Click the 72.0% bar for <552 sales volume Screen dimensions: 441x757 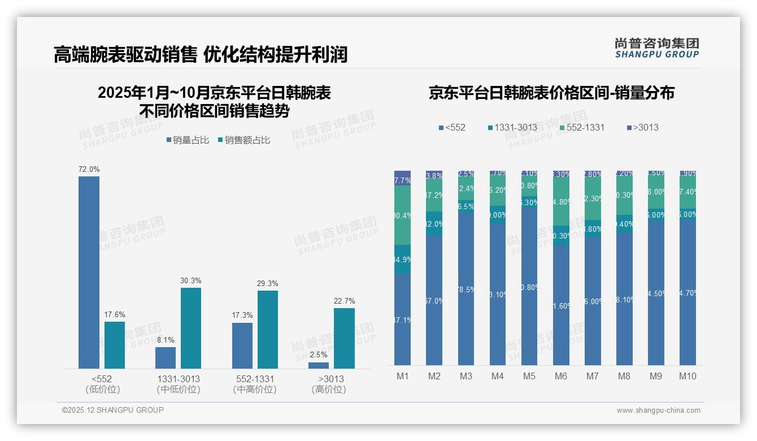(x=89, y=272)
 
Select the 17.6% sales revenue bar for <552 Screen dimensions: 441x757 (x=115, y=345)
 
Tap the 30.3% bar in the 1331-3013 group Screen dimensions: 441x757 (x=191, y=328)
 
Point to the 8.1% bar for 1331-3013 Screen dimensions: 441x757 (x=166, y=357)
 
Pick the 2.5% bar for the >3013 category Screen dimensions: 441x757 (x=319, y=365)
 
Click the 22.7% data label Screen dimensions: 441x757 (x=344, y=301)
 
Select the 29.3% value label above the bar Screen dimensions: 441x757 (x=268, y=284)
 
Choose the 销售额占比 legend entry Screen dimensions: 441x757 (x=243, y=140)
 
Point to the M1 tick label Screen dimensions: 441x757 (x=402, y=376)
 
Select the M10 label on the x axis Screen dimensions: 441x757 (x=687, y=376)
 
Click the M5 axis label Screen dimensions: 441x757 (x=529, y=376)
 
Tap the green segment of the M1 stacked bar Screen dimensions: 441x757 (x=402, y=215)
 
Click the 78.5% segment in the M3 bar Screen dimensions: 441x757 (x=465, y=289)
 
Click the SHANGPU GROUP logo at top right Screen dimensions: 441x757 (x=656, y=48)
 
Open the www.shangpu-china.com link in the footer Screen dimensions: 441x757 (x=658, y=410)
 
